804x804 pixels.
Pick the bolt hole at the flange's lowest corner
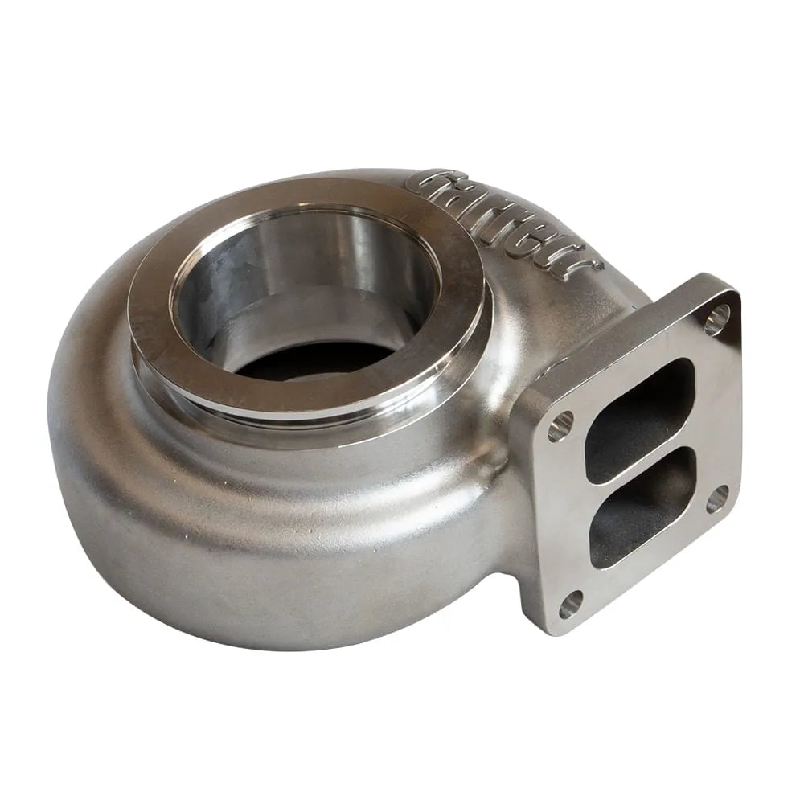[x=571, y=603]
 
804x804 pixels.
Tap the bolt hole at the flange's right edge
[x=717, y=498]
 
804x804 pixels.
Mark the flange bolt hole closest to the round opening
[x=560, y=426]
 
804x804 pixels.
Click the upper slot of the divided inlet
[x=639, y=420]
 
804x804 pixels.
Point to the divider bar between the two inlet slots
[x=643, y=466]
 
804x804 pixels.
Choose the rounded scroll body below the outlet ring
[x=241, y=547]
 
